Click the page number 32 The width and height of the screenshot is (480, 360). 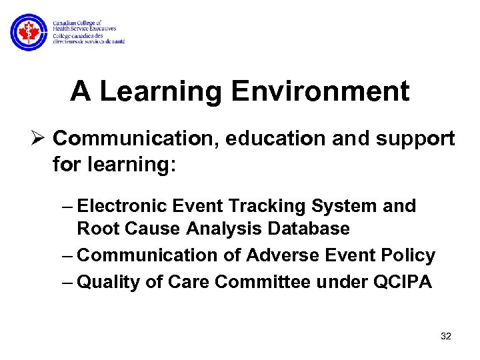point(446,336)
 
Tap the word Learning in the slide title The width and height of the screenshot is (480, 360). point(161,91)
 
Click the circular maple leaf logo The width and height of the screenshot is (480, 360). point(29,32)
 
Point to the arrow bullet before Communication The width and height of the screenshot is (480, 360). point(39,139)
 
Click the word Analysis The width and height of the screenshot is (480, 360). point(224,229)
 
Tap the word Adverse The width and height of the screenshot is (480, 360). point(281,255)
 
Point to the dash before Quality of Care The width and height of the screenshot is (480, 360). point(69,282)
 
